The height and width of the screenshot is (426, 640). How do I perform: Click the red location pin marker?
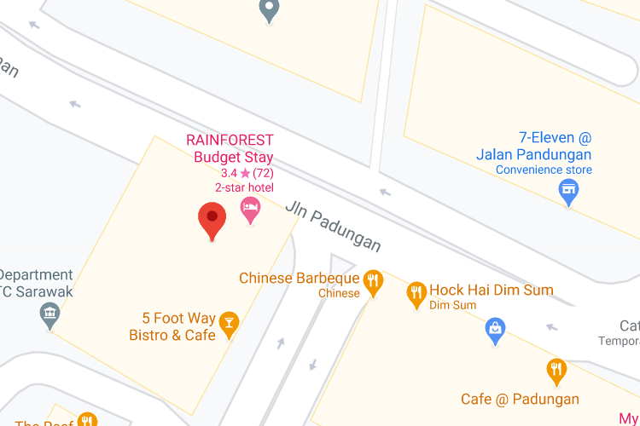point(212,219)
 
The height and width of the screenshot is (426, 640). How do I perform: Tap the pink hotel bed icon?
point(250,208)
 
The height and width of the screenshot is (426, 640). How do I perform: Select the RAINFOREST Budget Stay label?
point(230,148)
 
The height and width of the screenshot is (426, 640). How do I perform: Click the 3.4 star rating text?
point(247,173)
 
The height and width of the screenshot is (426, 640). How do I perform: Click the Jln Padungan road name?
point(333,227)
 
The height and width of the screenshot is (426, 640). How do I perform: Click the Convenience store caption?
point(544,170)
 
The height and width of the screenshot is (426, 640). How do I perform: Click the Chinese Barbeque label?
point(299,279)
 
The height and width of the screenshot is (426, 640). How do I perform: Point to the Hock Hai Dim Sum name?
point(491,290)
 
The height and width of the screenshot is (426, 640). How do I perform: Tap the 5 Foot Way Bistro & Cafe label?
point(172,327)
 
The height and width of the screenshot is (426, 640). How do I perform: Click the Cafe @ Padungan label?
point(520,399)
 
